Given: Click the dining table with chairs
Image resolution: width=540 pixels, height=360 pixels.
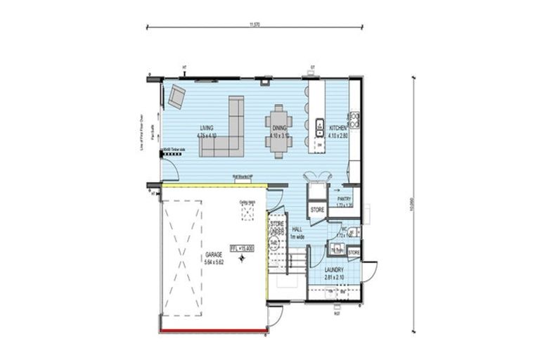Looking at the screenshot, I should pos(278,127).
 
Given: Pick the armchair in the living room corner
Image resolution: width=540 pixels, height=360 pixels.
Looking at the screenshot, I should pos(175,96).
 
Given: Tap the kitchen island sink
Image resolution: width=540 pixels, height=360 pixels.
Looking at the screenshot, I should pos(319,124).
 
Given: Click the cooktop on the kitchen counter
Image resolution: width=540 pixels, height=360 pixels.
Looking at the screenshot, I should pos(355,120).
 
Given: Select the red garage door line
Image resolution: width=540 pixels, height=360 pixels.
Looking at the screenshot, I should pos(213,330).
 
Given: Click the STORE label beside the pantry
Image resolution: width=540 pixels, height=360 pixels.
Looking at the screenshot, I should pos(317,210).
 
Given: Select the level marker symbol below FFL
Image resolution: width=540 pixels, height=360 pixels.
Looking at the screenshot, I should pos(241,259).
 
